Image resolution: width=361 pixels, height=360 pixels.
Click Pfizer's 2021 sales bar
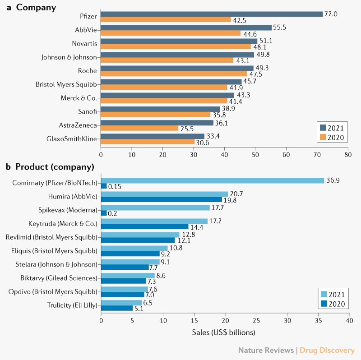212,14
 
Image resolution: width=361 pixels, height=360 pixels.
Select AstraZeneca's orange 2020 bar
140,128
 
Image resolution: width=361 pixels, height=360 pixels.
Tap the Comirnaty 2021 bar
213,180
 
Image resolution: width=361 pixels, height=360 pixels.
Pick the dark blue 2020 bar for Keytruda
144,227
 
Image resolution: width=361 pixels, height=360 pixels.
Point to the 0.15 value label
115,186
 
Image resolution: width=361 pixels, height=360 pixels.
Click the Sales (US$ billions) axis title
224,332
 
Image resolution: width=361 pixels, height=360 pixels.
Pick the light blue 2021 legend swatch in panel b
324,294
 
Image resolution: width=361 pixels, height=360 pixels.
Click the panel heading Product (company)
55,167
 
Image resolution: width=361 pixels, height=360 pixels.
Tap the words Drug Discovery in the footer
327,350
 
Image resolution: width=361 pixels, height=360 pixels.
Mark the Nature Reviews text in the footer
265,350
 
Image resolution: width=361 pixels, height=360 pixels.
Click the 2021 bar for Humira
164,194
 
